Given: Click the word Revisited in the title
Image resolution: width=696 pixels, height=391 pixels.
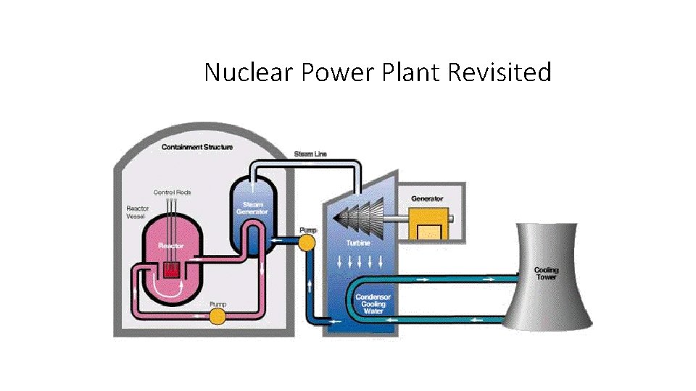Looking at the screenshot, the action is [x=500, y=72].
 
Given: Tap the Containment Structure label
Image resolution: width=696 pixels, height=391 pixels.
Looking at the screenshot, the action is [x=197, y=148].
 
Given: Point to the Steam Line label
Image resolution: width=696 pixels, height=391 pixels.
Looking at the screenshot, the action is [x=310, y=154].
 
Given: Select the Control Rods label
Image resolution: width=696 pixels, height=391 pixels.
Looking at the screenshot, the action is [x=172, y=193].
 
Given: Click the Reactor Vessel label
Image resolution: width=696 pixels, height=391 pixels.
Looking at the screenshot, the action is [x=138, y=212].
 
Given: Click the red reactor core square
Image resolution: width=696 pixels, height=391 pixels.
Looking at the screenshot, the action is [x=171, y=269].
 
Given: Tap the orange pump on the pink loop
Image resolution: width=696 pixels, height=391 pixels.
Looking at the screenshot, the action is [x=217, y=316].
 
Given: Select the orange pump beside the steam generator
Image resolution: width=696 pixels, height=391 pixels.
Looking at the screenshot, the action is [x=307, y=241].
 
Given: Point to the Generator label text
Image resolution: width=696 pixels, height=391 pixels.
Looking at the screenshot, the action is [x=427, y=198].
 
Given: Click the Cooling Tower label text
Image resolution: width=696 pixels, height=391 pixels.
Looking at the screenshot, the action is [x=547, y=274].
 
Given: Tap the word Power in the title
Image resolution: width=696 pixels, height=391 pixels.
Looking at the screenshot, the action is [x=326, y=72].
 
